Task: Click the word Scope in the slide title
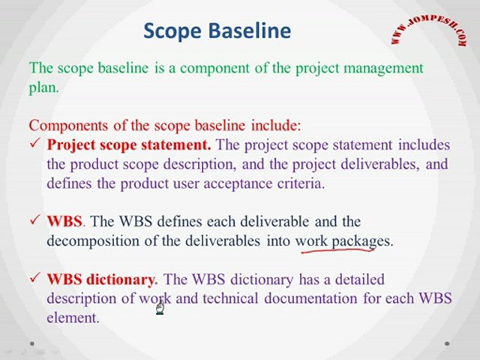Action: [172, 31]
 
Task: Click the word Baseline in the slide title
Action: [250, 30]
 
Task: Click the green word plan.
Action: [44, 88]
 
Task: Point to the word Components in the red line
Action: [68, 126]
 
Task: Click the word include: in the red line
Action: [276, 125]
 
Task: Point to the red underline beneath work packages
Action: [338, 250]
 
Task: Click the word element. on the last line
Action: [73, 318]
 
